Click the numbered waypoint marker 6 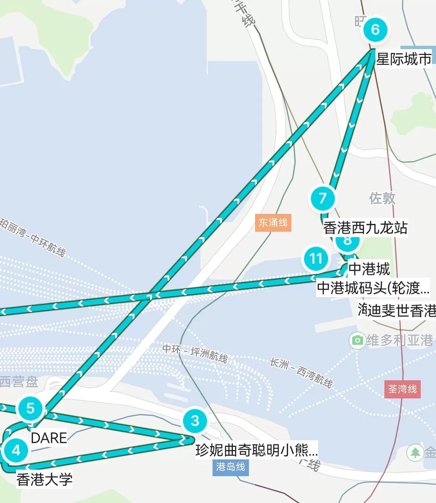(375, 29)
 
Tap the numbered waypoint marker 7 (322, 198)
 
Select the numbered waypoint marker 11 (316, 258)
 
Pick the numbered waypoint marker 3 (195, 421)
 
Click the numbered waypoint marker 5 (30, 408)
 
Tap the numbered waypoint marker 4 (16, 450)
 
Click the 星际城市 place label (403, 59)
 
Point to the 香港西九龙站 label (365, 228)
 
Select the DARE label (49, 438)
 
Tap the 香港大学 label (44, 480)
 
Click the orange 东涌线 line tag (273, 222)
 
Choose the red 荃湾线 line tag (402, 389)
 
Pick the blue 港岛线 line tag (231, 467)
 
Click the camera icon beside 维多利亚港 (357, 340)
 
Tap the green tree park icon (415, 453)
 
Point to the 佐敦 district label (382, 198)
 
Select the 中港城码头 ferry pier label (373, 288)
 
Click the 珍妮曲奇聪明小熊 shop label (256, 450)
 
